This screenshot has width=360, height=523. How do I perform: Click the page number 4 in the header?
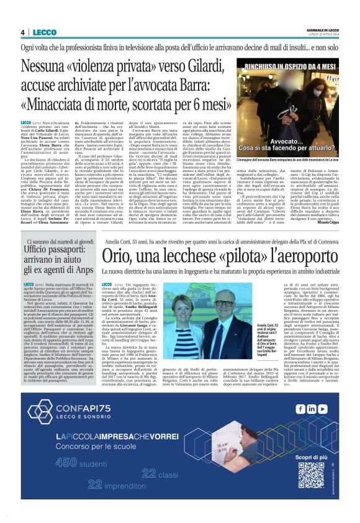click(x=22, y=33)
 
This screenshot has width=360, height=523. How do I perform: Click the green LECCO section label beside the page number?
click(x=44, y=33)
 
